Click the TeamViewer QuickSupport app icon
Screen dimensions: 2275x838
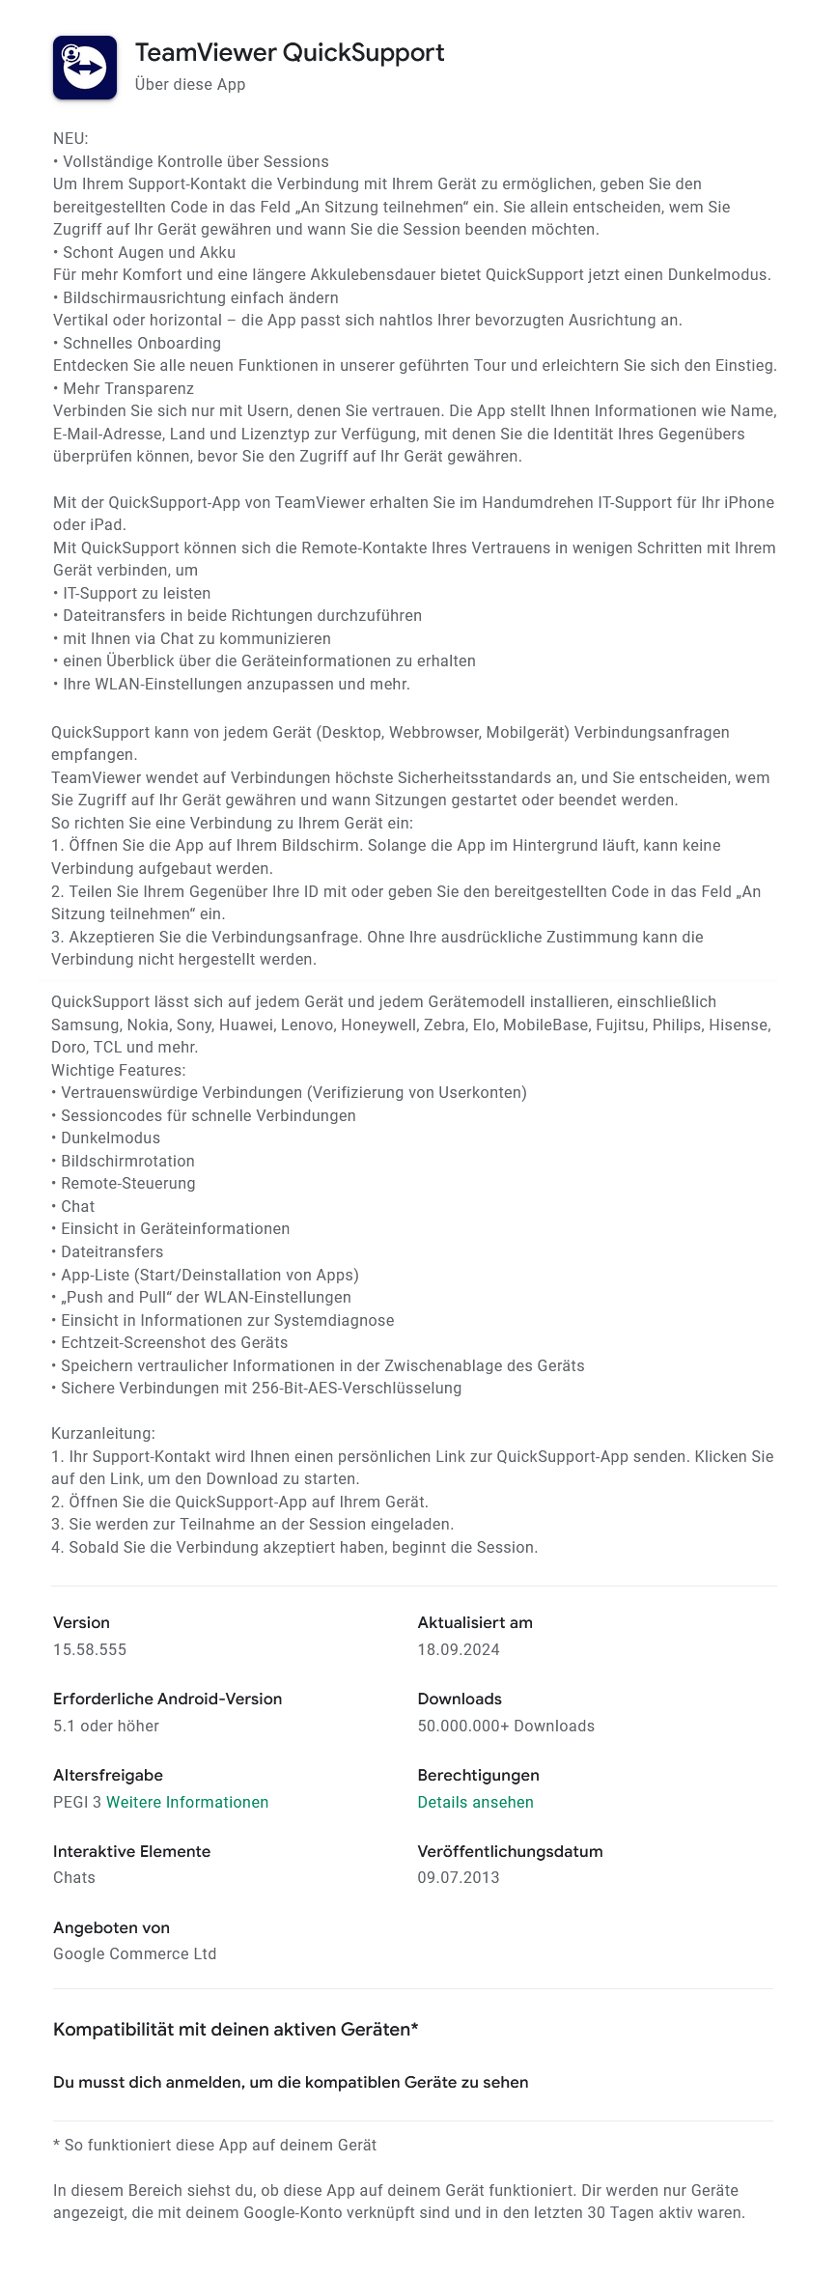(85, 68)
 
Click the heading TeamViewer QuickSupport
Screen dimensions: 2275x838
(290, 53)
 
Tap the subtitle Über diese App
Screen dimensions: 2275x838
(190, 85)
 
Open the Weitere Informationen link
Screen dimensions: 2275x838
(187, 1802)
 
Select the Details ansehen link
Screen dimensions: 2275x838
(475, 1802)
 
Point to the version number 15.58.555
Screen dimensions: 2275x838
(90, 1649)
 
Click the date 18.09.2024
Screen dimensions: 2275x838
(459, 1649)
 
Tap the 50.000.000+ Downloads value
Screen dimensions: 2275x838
(506, 1726)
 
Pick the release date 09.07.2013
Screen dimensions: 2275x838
(459, 1877)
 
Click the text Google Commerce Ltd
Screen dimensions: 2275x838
(134, 1953)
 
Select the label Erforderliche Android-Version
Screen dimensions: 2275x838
(168, 1699)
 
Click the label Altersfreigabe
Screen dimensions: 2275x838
(108, 1775)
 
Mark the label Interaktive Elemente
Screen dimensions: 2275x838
(131, 1851)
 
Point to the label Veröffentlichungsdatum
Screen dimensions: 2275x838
(510, 1851)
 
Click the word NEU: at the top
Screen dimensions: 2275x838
(70, 139)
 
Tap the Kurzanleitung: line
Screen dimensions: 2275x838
(103, 1434)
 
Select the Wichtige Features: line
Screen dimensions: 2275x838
(119, 1070)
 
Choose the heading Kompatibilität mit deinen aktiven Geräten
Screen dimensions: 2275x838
(236, 2029)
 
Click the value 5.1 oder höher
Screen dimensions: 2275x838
(106, 1726)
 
